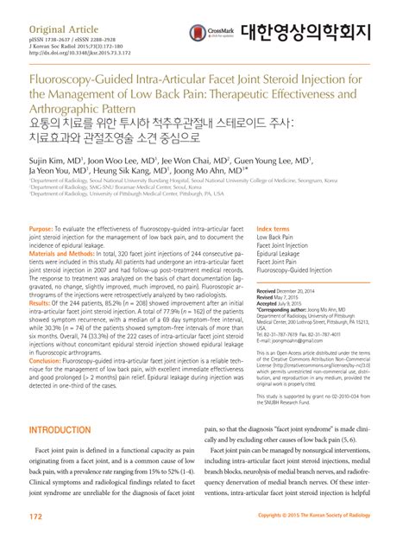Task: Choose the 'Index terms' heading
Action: (x=274, y=227)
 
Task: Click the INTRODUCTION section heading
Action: (x=66, y=429)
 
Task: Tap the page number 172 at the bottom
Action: (x=35, y=516)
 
